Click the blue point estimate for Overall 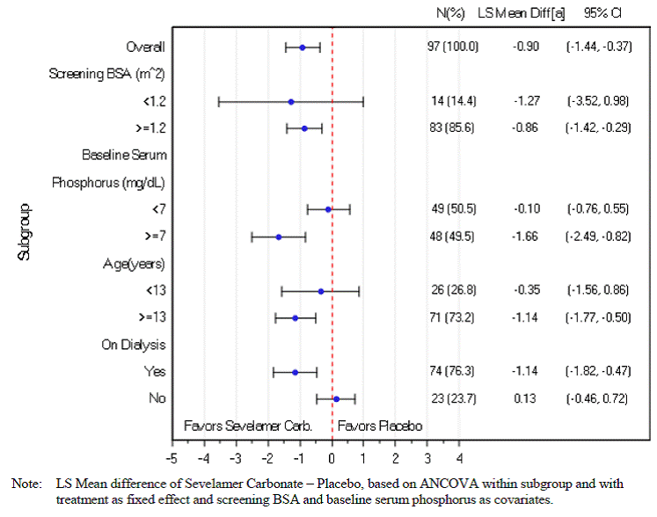click(x=303, y=47)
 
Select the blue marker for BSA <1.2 click(x=291, y=102)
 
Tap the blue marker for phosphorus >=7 click(x=279, y=237)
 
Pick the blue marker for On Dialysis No click(x=336, y=399)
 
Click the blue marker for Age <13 click(x=321, y=291)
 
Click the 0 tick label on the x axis click(x=332, y=457)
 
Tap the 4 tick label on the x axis click(x=459, y=457)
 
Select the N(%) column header click(x=450, y=13)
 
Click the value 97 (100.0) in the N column click(x=453, y=47)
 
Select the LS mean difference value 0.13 click(x=526, y=399)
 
